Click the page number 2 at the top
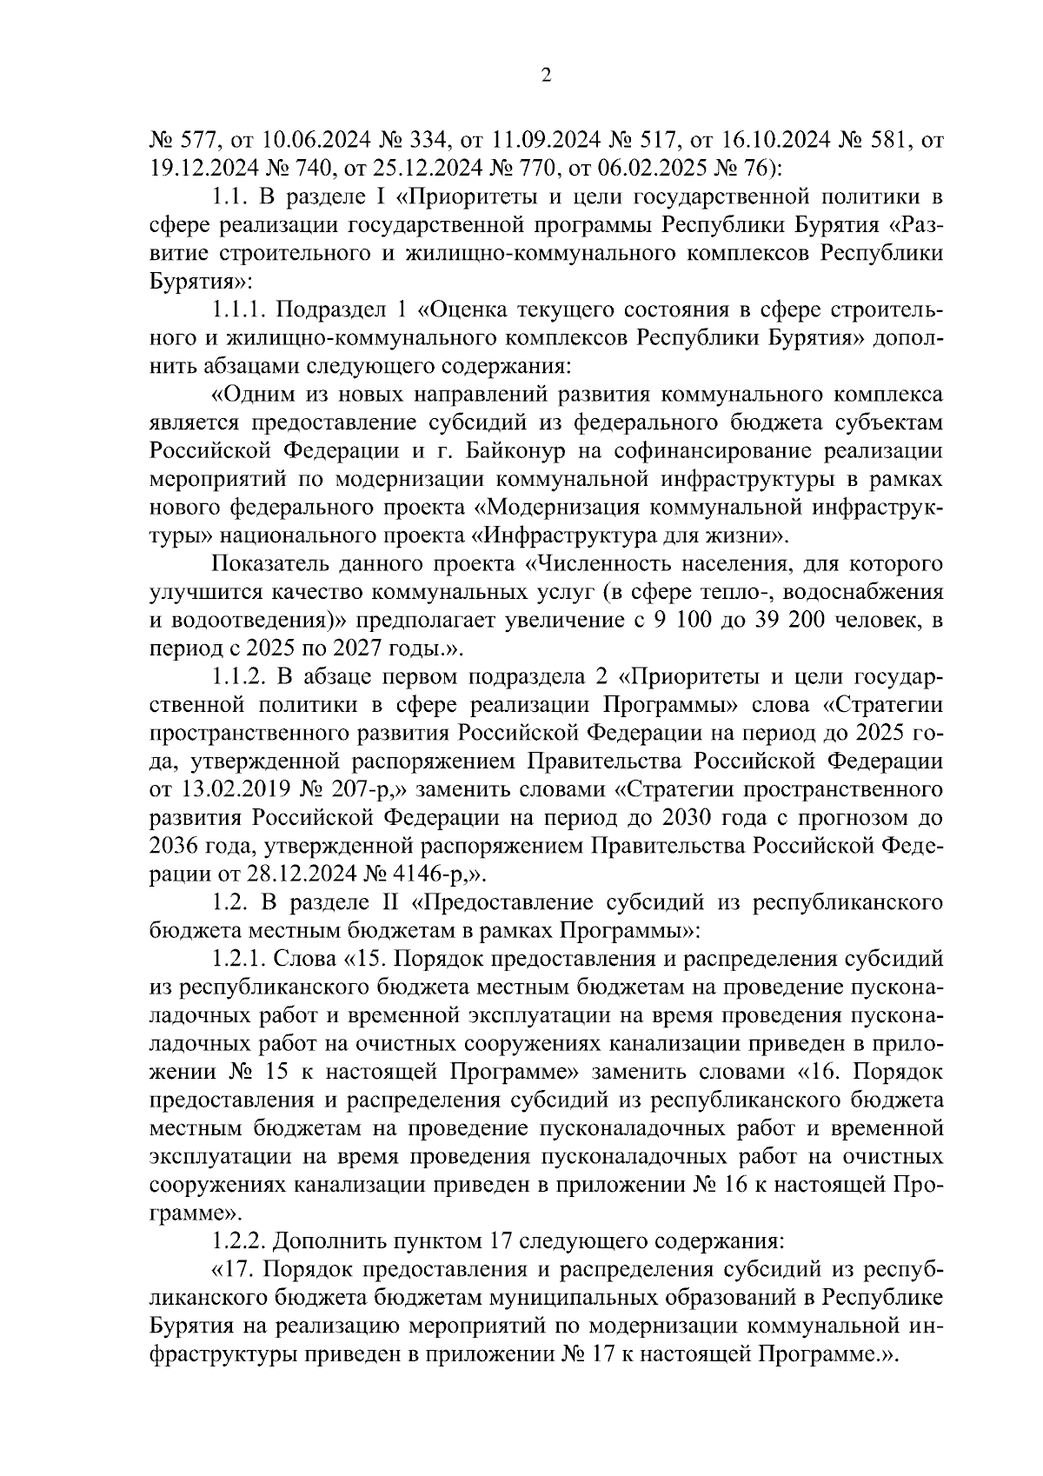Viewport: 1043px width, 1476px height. tap(546, 76)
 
